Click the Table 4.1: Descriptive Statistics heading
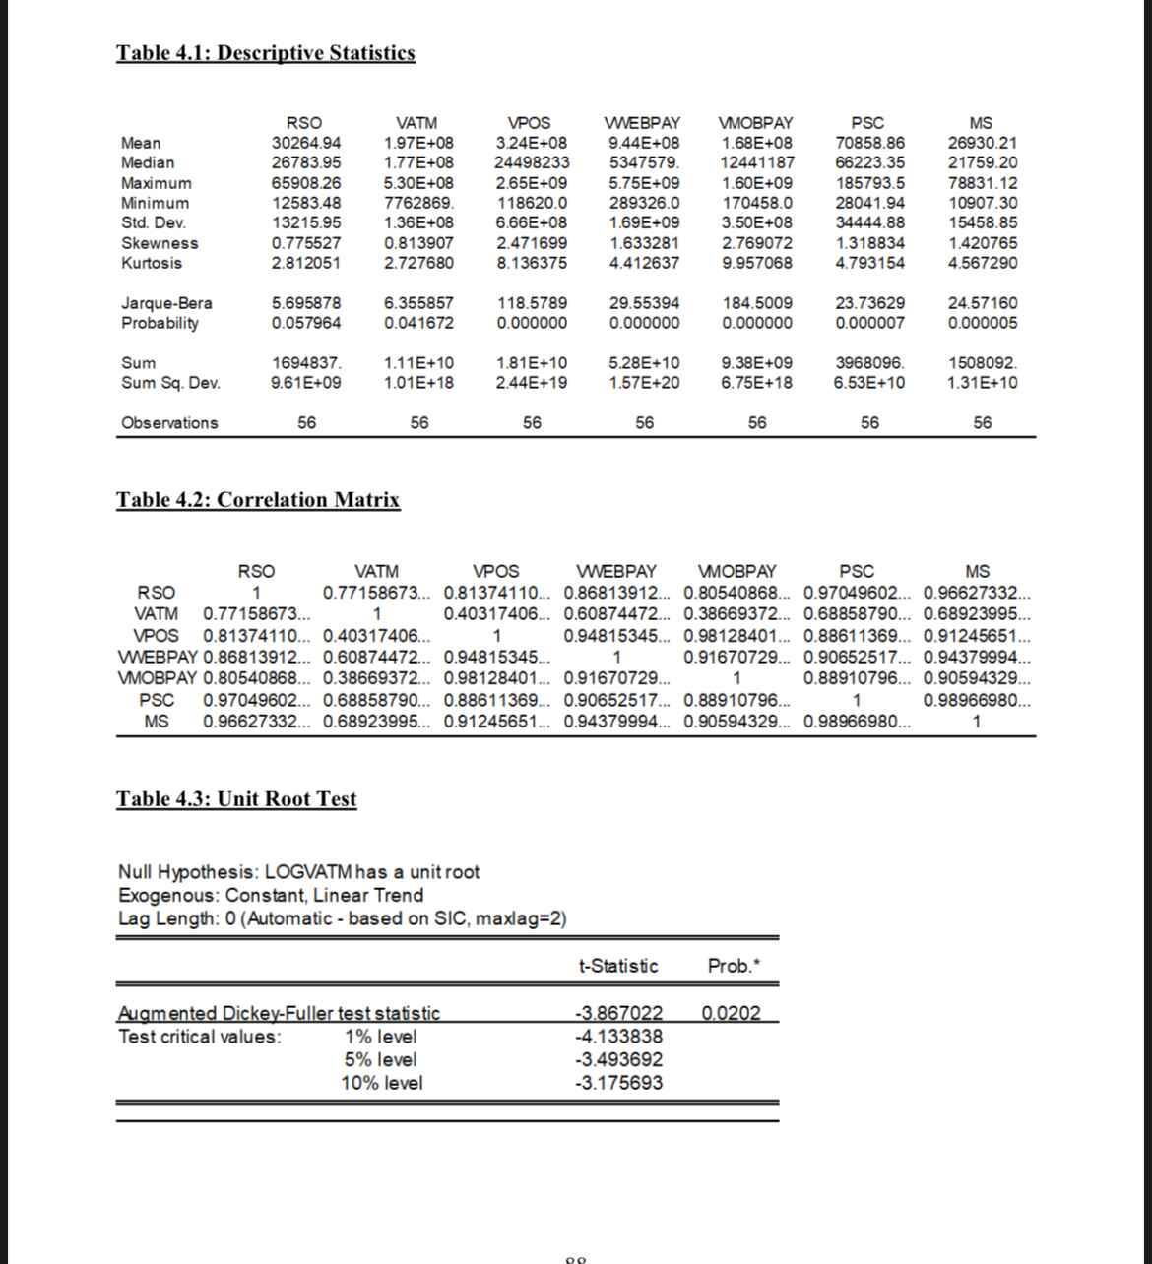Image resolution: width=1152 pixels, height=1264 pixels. (266, 53)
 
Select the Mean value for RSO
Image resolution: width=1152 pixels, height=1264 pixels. (306, 143)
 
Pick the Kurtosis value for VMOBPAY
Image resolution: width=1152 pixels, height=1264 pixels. (757, 263)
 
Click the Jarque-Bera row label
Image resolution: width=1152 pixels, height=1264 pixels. (166, 303)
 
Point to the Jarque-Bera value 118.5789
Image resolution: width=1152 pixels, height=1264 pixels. (532, 303)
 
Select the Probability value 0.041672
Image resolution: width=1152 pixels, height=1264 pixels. (418, 323)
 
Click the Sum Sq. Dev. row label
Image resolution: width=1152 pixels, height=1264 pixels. (170, 382)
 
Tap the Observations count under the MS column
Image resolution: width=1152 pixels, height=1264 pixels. (982, 423)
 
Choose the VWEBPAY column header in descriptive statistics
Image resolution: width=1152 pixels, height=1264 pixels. (643, 123)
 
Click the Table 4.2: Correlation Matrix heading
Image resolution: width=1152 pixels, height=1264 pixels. (259, 500)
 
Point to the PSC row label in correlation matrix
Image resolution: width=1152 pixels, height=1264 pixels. (158, 701)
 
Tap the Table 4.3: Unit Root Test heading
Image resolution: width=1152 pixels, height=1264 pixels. (236, 799)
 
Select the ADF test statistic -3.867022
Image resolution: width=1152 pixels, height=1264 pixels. (617, 1013)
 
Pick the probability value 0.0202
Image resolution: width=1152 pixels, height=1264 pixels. (732, 1013)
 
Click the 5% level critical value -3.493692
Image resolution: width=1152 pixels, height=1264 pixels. (617, 1060)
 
